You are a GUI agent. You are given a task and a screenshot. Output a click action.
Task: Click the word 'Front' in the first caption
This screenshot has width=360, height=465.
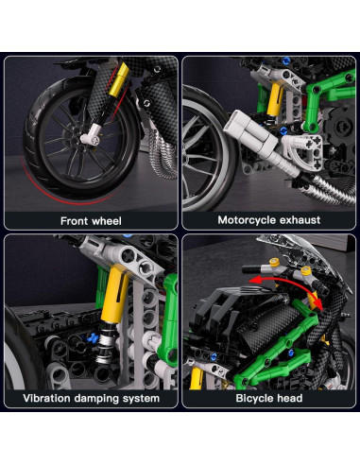coord(75,219)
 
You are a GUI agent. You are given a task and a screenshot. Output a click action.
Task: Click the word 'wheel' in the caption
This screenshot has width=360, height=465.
coord(111,219)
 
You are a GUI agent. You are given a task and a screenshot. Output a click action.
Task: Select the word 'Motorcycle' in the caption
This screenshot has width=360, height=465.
coord(245,219)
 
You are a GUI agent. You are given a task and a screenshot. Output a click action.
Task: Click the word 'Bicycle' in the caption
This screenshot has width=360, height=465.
coord(253,399)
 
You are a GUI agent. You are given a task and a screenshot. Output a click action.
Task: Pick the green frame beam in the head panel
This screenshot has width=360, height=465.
coord(307,326)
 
